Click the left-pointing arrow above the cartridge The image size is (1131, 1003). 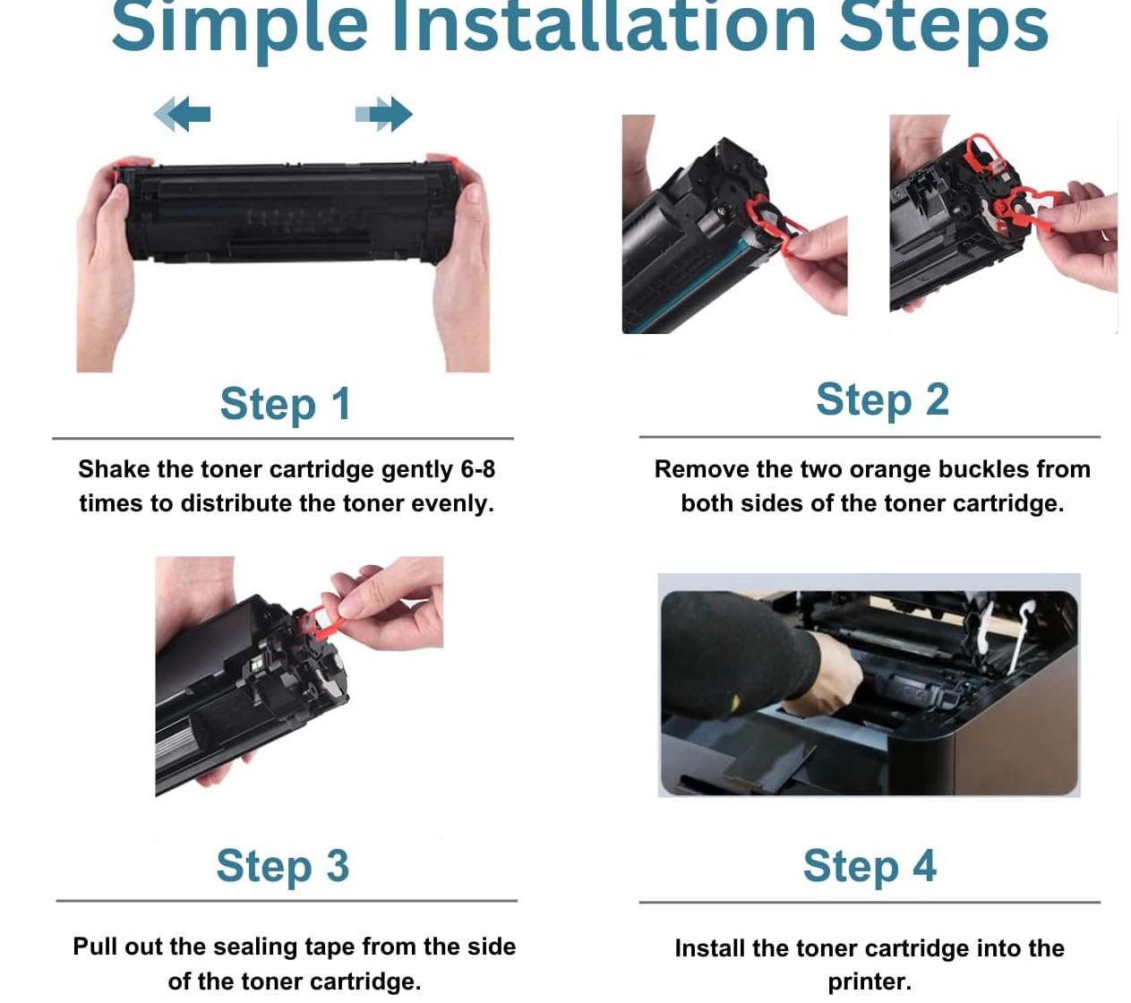click(x=182, y=114)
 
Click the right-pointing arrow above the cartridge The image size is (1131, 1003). click(x=383, y=114)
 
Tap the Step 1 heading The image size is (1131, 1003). click(x=286, y=405)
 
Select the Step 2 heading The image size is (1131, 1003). click(x=882, y=401)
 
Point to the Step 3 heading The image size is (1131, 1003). click(x=283, y=866)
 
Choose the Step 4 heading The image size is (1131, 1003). click(x=870, y=866)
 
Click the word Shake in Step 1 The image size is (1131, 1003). click(x=115, y=469)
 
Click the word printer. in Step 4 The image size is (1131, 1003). click(x=870, y=982)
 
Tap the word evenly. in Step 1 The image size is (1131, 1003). click(x=453, y=504)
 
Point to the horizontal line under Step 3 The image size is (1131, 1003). click(x=287, y=900)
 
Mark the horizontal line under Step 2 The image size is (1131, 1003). click(x=870, y=437)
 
